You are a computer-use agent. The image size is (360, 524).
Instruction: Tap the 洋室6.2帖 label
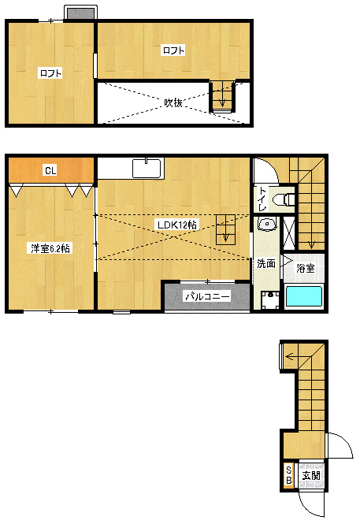pos(50,249)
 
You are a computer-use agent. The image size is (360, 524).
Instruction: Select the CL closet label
pos(50,171)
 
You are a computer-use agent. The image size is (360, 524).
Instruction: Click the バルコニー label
pos(208,296)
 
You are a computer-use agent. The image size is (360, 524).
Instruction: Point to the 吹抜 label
pos(173,102)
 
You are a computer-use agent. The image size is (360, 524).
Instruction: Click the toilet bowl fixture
pos(283,200)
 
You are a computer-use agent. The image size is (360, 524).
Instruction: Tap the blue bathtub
pos(304,296)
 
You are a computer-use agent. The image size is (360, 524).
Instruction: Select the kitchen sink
pos(147,168)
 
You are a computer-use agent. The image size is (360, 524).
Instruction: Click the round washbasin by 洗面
pos(267,225)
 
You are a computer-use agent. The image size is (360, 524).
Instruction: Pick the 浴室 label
pos(306,268)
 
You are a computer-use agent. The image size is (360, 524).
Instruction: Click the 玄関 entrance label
pos(311,475)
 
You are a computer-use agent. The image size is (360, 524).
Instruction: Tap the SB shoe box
pos(288,475)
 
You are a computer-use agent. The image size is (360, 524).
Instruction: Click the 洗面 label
pos(266,264)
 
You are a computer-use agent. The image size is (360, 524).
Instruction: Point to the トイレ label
pos(263,199)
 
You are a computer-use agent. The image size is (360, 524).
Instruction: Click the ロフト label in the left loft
pos(50,73)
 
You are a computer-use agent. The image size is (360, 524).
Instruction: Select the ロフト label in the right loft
pos(173,50)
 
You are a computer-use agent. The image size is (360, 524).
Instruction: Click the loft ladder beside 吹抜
pos(222,96)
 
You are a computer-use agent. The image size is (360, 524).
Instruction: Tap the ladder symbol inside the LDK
pos(226,229)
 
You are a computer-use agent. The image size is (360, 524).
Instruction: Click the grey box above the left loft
pos(80,13)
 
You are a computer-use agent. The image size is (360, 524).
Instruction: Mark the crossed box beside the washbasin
pos(289,233)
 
